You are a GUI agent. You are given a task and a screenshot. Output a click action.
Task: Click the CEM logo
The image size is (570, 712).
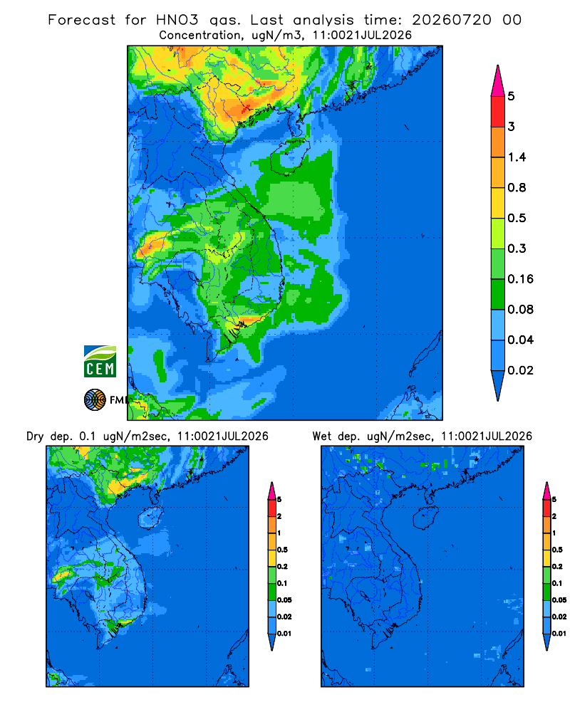(100, 362)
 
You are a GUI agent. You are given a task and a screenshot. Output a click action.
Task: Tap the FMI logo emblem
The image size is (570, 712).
(95, 400)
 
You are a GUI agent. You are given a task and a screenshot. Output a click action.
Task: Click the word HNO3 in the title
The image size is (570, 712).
(177, 20)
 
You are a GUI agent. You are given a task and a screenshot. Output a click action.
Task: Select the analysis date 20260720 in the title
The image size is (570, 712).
(451, 20)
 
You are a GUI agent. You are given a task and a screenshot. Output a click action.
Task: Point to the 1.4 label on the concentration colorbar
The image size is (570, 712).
(517, 157)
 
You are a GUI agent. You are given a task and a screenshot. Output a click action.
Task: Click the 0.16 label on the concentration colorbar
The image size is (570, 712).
(520, 279)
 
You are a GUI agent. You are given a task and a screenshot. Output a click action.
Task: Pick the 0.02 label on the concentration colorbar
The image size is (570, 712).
(520, 370)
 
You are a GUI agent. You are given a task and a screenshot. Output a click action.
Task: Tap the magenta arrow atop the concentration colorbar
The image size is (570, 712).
(498, 81)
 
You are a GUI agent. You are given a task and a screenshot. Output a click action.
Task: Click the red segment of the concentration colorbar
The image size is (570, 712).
(498, 111)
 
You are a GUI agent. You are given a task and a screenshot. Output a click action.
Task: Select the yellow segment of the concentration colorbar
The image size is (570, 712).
(498, 202)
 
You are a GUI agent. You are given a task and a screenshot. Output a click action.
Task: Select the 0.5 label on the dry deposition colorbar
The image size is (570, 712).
(282, 550)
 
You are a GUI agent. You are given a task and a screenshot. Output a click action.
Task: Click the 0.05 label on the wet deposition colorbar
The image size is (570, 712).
(559, 600)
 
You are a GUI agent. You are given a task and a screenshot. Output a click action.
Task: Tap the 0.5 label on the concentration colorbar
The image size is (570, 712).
(517, 218)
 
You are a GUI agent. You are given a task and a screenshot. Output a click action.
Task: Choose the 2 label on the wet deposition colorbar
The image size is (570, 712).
(554, 516)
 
